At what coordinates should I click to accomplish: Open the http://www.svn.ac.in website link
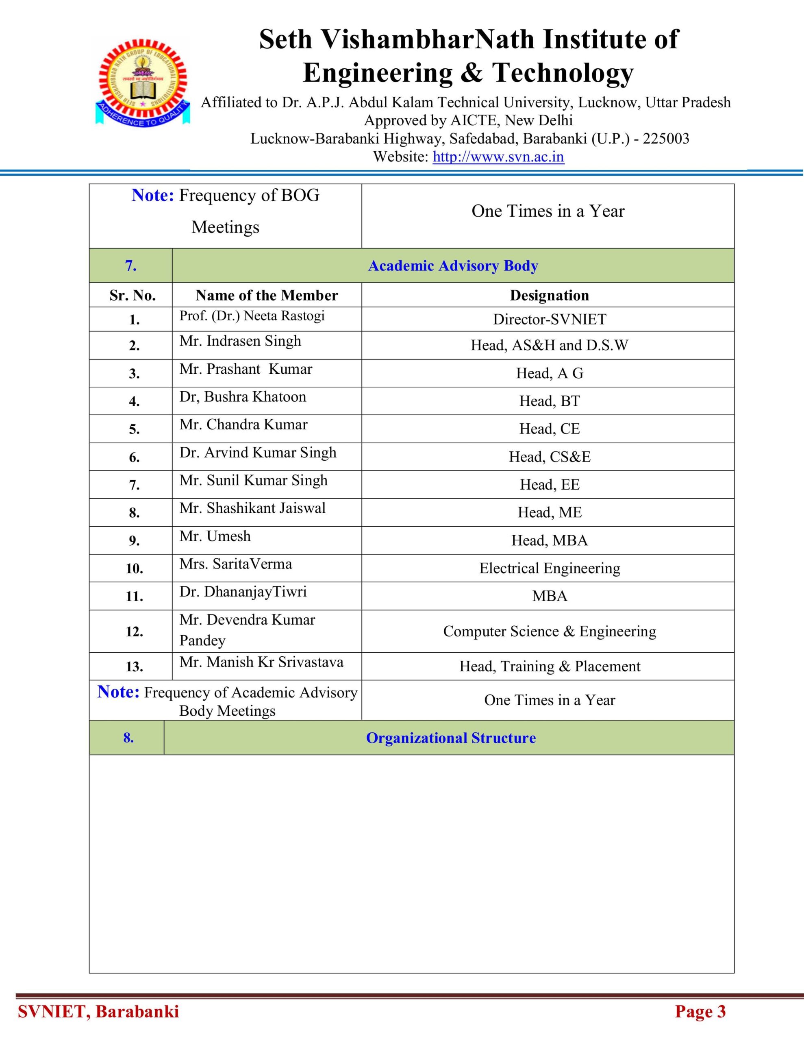pyautogui.click(x=498, y=157)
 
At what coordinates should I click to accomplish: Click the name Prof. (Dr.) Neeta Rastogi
pyautogui.click(x=252, y=316)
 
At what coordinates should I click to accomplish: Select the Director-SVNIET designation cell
pyautogui.click(x=549, y=319)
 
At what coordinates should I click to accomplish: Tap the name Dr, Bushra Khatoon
pyautogui.click(x=243, y=396)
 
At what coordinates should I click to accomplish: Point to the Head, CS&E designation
pyautogui.click(x=549, y=457)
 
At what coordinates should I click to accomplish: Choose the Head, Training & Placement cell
pyautogui.click(x=549, y=666)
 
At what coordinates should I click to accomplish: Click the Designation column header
pyautogui.click(x=549, y=295)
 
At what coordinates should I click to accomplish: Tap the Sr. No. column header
pyautogui.click(x=132, y=295)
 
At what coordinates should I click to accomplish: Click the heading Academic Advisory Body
pyautogui.click(x=453, y=266)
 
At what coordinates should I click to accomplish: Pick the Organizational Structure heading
pyautogui.click(x=450, y=738)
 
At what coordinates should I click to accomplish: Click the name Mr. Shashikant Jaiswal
pyautogui.click(x=252, y=508)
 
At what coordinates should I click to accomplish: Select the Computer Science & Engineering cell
pyautogui.click(x=549, y=631)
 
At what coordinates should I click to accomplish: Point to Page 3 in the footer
pyautogui.click(x=700, y=1011)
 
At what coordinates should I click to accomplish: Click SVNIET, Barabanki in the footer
pyautogui.click(x=98, y=1011)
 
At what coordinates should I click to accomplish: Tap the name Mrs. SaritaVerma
pyautogui.click(x=235, y=564)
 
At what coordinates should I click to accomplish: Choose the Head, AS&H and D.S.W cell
pyautogui.click(x=549, y=345)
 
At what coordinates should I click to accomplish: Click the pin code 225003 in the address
pyautogui.click(x=666, y=139)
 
